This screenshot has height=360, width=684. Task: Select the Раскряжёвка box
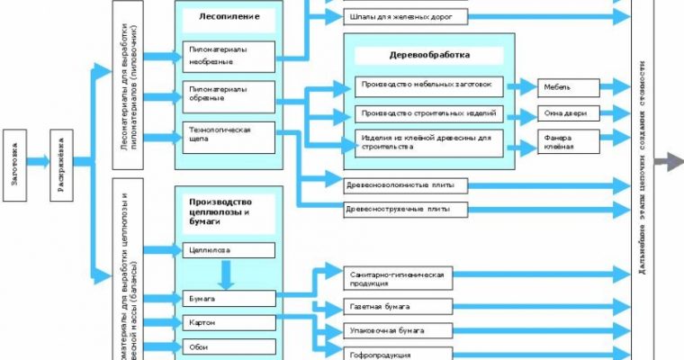[x=61, y=162]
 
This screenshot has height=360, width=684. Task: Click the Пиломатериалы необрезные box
[x=229, y=56]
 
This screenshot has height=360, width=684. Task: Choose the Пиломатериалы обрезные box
[x=229, y=94]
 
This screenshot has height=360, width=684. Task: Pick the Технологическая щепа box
[x=229, y=135]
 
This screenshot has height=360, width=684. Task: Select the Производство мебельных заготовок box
[x=428, y=86]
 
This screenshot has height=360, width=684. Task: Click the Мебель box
[x=570, y=87]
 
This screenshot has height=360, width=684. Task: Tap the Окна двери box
[x=570, y=114]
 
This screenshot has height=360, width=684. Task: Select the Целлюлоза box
[x=229, y=250]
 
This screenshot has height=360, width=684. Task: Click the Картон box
[x=229, y=321]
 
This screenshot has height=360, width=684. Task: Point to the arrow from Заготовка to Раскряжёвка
[x=38, y=162]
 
